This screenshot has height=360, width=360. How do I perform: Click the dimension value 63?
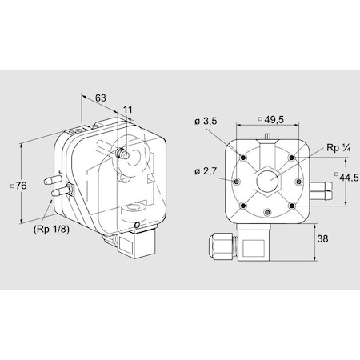point(100,98)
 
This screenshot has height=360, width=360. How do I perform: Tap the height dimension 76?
point(22,186)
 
